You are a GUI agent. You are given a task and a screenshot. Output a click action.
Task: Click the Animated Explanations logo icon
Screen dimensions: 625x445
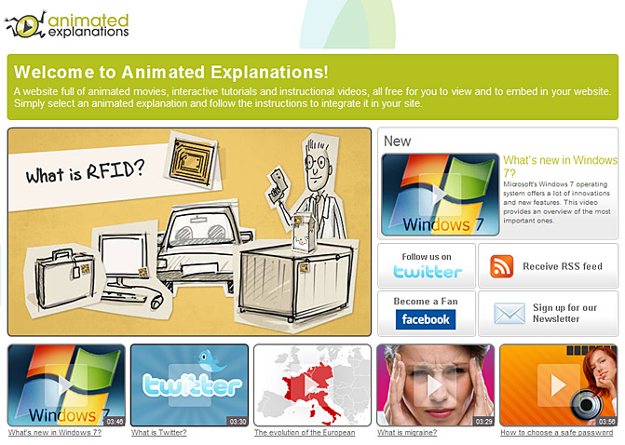25,25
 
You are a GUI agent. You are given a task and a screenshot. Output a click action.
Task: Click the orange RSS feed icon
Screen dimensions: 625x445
502,266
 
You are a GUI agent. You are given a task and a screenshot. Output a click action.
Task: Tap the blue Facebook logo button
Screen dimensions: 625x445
426,319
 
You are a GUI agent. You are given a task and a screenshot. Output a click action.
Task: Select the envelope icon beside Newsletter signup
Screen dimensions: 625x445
510,313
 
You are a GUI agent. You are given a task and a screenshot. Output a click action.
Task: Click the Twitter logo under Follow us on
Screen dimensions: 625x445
428,271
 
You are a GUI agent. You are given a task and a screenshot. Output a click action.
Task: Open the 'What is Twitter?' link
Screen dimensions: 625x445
159,432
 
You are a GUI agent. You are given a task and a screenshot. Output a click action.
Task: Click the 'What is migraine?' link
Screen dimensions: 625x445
407,432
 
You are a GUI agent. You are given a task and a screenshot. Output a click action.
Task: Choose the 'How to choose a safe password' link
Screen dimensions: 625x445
556,432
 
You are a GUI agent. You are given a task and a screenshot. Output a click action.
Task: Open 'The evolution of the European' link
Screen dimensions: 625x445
305,432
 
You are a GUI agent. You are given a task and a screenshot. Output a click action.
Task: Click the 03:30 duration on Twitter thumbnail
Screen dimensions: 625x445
238,421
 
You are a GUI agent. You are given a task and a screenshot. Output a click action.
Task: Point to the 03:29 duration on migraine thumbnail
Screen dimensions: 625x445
484,421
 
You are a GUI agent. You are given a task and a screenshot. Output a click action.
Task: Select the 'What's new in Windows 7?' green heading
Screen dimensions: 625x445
560,167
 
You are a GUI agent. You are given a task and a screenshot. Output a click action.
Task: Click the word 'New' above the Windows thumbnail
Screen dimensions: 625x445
397,141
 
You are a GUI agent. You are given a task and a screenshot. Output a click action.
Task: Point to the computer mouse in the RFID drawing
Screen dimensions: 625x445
156,301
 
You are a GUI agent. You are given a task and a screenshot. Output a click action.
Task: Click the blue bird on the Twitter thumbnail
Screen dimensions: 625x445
211,361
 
